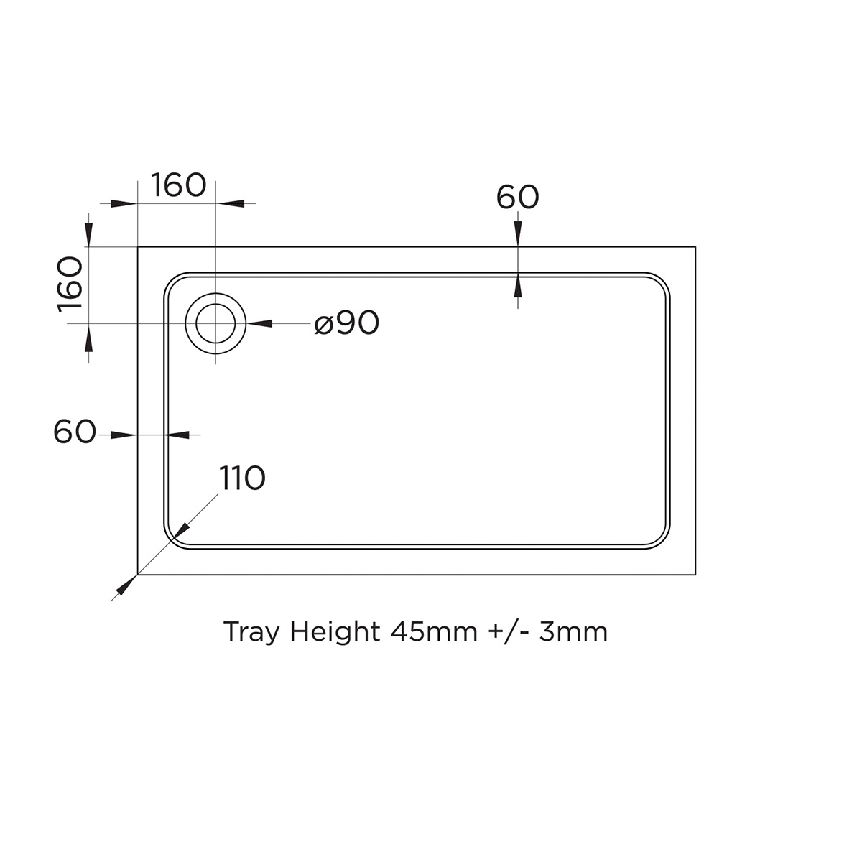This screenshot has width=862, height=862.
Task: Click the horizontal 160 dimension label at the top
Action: pyautogui.click(x=179, y=185)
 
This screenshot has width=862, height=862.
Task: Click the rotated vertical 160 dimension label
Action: pyautogui.click(x=71, y=284)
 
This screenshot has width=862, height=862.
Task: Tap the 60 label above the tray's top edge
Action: pyautogui.click(x=517, y=198)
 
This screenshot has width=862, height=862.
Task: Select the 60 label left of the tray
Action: pyautogui.click(x=75, y=432)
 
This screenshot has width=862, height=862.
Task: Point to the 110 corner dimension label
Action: pyautogui.click(x=242, y=478)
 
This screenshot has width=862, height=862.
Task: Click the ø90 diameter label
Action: pyautogui.click(x=347, y=324)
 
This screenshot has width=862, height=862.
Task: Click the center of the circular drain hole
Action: pyautogui.click(x=215, y=324)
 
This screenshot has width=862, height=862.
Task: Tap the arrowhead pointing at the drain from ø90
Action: pyautogui.click(x=259, y=324)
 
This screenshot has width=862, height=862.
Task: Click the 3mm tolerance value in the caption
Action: pyautogui.click(x=573, y=632)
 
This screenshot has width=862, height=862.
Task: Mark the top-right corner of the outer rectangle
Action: pyautogui.click(x=695, y=247)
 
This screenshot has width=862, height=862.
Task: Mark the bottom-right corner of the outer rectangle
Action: pyautogui.click(x=695, y=575)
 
